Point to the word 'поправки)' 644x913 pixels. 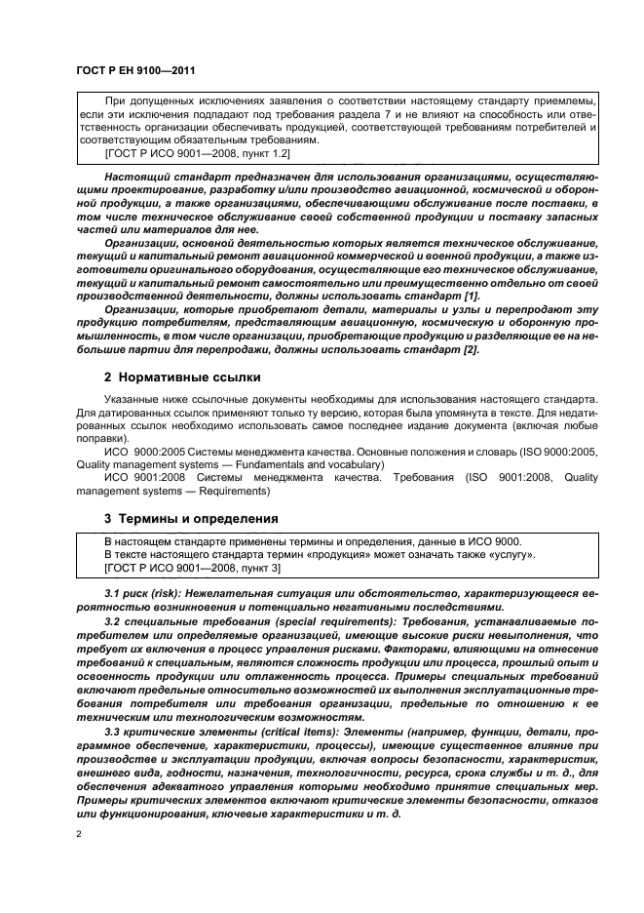click(x=103, y=437)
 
